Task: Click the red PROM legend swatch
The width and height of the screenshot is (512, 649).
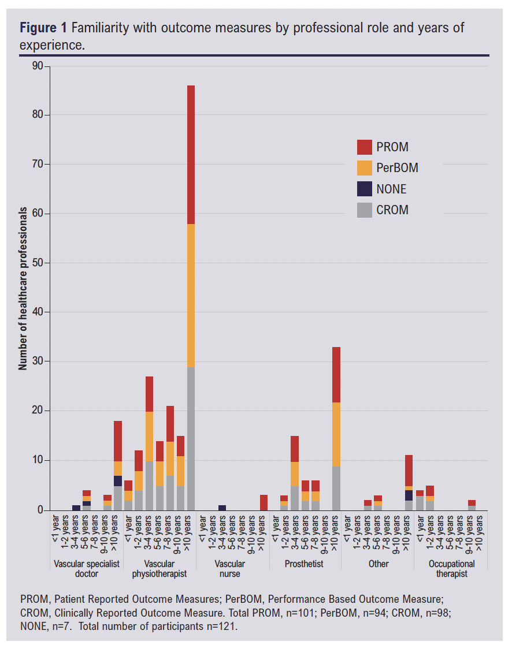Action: point(365,147)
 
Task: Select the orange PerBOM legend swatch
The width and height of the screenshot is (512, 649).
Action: point(365,167)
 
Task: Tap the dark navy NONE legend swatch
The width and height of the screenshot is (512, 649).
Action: point(365,189)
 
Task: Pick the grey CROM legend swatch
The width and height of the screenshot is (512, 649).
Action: point(365,210)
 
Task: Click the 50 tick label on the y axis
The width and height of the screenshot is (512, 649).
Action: point(38,263)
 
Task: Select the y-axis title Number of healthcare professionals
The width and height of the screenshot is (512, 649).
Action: point(23,289)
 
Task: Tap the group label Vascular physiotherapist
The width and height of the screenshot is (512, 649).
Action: point(160,569)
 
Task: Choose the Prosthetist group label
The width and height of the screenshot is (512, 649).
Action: point(304,564)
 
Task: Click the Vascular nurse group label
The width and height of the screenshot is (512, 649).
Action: point(229,569)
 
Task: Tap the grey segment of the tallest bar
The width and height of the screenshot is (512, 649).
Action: point(191,439)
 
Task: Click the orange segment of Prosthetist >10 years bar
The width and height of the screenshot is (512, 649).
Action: point(336,435)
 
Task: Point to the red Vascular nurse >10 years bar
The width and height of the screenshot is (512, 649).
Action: point(264,502)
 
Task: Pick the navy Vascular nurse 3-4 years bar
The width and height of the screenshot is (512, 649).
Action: point(222,508)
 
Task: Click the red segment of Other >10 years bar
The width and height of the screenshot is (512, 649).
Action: point(409,471)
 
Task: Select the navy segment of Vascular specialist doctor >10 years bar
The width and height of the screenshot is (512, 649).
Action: point(118,480)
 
